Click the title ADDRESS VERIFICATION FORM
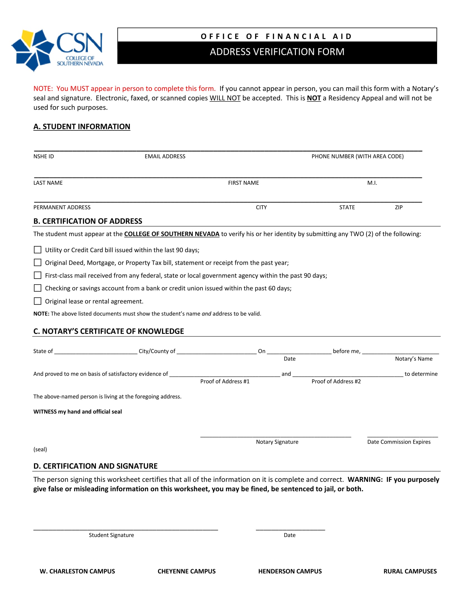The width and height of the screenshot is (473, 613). point(277,52)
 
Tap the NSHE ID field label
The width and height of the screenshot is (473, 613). point(43,156)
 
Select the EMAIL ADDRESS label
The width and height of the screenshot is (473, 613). point(165,156)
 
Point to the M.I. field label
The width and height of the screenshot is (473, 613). point(372,183)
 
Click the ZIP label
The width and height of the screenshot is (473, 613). point(398,207)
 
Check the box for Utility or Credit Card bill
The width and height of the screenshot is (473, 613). point(38,250)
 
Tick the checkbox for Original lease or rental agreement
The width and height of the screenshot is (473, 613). point(38,301)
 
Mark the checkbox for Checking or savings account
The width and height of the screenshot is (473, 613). point(38,288)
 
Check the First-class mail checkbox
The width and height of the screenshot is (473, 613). point(38,275)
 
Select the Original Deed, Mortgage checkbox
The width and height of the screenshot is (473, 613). point(38,262)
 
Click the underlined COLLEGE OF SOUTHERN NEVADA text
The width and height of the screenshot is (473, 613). point(171,234)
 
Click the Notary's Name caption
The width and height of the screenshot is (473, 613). point(413,359)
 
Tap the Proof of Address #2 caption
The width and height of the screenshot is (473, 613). point(336,381)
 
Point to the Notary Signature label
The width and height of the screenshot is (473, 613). point(277,442)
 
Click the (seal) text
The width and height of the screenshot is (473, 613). point(40,449)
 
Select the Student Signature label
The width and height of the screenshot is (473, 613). point(111,535)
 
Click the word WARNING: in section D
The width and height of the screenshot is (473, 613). point(365,480)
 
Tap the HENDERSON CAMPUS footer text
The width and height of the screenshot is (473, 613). point(290,571)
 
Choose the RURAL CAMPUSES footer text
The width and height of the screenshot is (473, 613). point(410,571)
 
